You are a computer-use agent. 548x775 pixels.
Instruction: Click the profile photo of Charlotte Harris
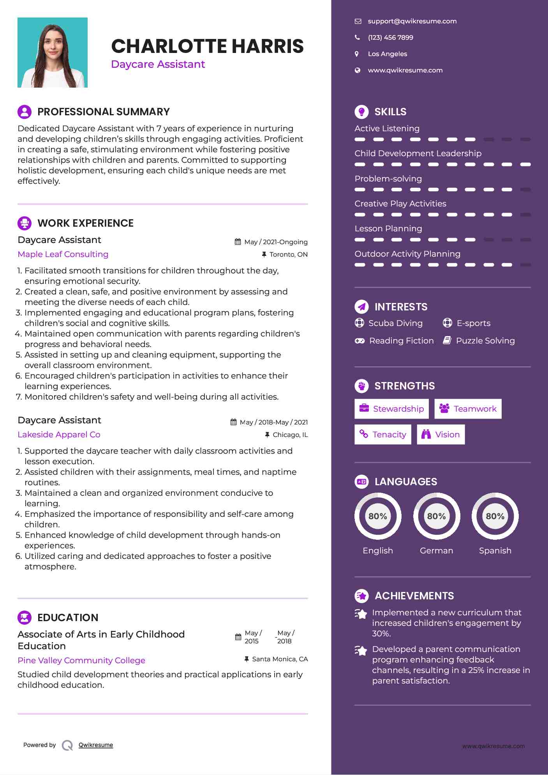pyautogui.click(x=53, y=53)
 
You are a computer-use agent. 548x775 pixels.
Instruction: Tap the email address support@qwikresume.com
pyautogui.click(x=412, y=21)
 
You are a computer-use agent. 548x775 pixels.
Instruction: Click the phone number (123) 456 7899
pyautogui.click(x=390, y=38)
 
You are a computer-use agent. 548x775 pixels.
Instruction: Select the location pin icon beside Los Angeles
pyautogui.click(x=357, y=54)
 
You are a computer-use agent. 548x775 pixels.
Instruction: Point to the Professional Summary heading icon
pyautogui.click(x=25, y=112)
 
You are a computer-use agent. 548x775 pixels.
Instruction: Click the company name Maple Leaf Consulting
pyautogui.click(x=63, y=254)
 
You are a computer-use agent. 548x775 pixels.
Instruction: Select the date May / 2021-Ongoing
pyautogui.click(x=275, y=242)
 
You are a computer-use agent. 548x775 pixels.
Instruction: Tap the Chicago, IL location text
pyautogui.click(x=290, y=435)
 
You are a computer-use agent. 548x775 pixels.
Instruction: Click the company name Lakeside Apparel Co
pyautogui.click(x=59, y=435)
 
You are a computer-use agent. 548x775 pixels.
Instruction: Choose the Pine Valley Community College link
pyautogui.click(x=81, y=661)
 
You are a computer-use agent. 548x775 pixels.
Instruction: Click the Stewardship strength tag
pyautogui.click(x=391, y=409)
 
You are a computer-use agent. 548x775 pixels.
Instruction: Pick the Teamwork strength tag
pyautogui.click(x=468, y=409)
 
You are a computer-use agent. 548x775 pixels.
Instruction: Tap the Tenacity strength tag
pyautogui.click(x=383, y=435)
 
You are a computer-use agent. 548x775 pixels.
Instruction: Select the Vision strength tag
pyautogui.click(x=441, y=435)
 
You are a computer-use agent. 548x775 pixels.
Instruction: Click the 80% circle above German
pyautogui.click(x=436, y=516)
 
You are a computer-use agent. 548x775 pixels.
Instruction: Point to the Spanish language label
pyautogui.click(x=495, y=551)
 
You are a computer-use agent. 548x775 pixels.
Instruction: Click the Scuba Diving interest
pyautogui.click(x=395, y=323)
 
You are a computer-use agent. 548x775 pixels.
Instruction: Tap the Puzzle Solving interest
pyautogui.click(x=485, y=341)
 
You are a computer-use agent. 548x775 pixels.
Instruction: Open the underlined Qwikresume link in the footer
pyautogui.click(x=96, y=745)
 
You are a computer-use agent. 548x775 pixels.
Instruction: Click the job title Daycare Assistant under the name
pyautogui.click(x=158, y=64)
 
